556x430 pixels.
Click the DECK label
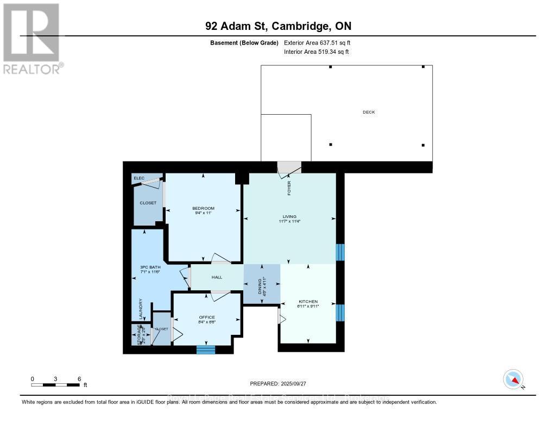point(369,112)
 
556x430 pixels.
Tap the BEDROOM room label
point(203,208)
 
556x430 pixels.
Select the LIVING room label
point(289,216)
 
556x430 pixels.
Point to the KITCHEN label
point(308,302)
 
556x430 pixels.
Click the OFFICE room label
point(206,317)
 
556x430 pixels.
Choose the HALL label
point(217,277)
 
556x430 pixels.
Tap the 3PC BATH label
point(150,267)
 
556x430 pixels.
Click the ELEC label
point(139,178)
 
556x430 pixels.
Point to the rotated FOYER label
point(289,188)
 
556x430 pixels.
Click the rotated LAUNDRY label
point(141,309)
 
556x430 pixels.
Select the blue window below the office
point(206,350)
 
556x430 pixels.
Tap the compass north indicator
point(513,379)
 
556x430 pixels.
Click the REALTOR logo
point(31,38)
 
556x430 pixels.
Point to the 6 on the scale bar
point(79,379)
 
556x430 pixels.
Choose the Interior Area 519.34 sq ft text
point(316,52)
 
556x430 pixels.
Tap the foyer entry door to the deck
point(288,169)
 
